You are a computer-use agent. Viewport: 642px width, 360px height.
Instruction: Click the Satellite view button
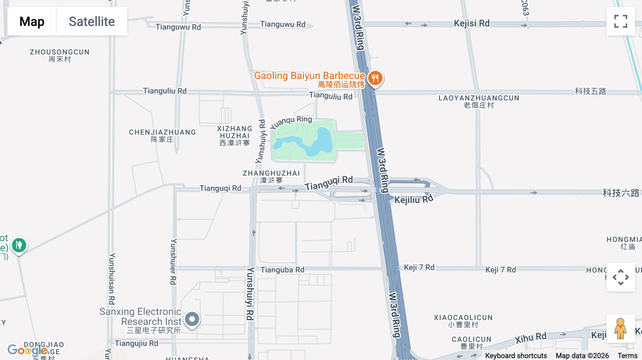click(x=92, y=21)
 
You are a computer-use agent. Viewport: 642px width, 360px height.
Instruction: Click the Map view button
click(x=32, y=21)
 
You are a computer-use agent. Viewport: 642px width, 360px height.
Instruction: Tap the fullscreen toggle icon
click(x=621, y=21)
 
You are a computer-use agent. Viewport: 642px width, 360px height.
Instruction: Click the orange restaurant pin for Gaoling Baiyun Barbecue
click(x=375, y=78)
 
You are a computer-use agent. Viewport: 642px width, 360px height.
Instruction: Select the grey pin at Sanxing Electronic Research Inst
click(x=192, y=319)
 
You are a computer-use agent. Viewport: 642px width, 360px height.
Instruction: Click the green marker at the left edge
click(x=19, y=245)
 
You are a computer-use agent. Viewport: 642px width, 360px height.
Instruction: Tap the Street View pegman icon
click(x=620, y=328)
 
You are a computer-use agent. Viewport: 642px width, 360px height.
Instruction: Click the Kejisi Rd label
click(x=472, y=24)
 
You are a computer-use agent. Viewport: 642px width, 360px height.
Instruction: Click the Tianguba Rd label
click(x=282, y=270)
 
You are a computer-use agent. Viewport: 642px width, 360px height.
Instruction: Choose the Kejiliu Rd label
click(x=414, y=199)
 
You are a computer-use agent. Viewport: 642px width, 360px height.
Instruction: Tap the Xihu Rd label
click(x=530, y=338)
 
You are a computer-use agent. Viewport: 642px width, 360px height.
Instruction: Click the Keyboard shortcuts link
click(x=516, y=356)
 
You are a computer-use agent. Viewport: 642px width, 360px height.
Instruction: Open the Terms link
click(x=627, y=356)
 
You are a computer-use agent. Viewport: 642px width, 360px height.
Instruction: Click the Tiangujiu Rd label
click(x=136, y=343)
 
